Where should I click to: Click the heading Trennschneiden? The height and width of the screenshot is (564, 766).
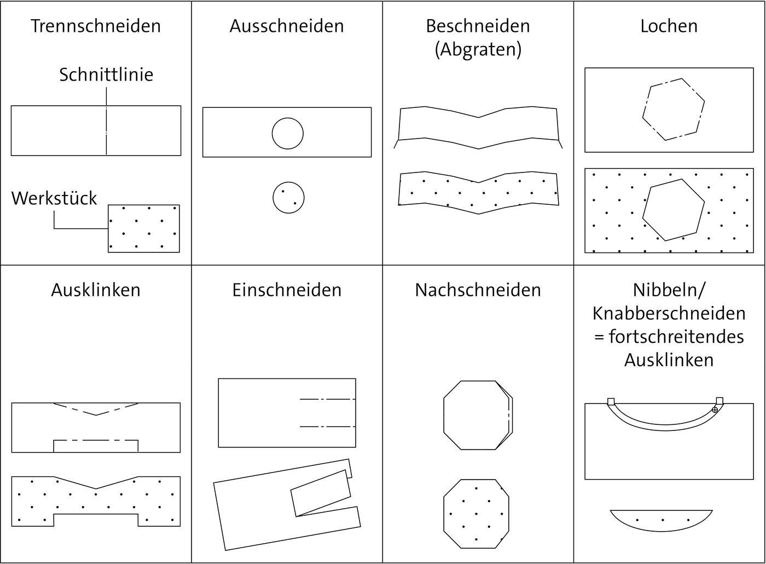[x=96, y=26]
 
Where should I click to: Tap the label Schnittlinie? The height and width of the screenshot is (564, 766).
[x=106, y=74]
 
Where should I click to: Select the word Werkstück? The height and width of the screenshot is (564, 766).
[x=54, y=198]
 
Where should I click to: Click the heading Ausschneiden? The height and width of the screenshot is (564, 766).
[x=287, y=26]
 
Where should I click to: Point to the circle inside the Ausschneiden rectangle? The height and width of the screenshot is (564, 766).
[x=287, y=133]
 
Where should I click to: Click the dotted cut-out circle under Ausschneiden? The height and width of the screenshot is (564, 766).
[x=288, y=198]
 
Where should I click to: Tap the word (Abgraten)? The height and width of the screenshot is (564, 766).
[x=478, y=50]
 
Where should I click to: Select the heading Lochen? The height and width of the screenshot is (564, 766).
[x=669, y=26]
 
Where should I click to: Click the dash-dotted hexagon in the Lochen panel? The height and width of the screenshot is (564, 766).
[x=673, y=109]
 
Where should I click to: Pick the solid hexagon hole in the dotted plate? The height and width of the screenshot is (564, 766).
[x=673, y=210]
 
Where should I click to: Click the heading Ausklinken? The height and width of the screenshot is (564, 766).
[x=96, y=290]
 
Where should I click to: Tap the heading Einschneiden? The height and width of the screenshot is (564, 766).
[x=287, y=290]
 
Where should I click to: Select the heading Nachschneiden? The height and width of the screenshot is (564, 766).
[x=478, y=290]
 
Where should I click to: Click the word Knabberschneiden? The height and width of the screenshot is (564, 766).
[x=669, y=314]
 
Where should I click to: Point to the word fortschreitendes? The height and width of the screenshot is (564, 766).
[x=676, y=337]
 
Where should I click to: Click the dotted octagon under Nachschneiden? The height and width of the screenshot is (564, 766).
[x=476, y=514]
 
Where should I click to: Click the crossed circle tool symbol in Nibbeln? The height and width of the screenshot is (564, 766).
[x=715, y=410]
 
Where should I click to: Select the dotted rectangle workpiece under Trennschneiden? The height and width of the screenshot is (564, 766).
[x=144, y=228]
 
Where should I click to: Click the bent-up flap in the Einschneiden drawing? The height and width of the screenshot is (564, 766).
[x=321, y=493]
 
